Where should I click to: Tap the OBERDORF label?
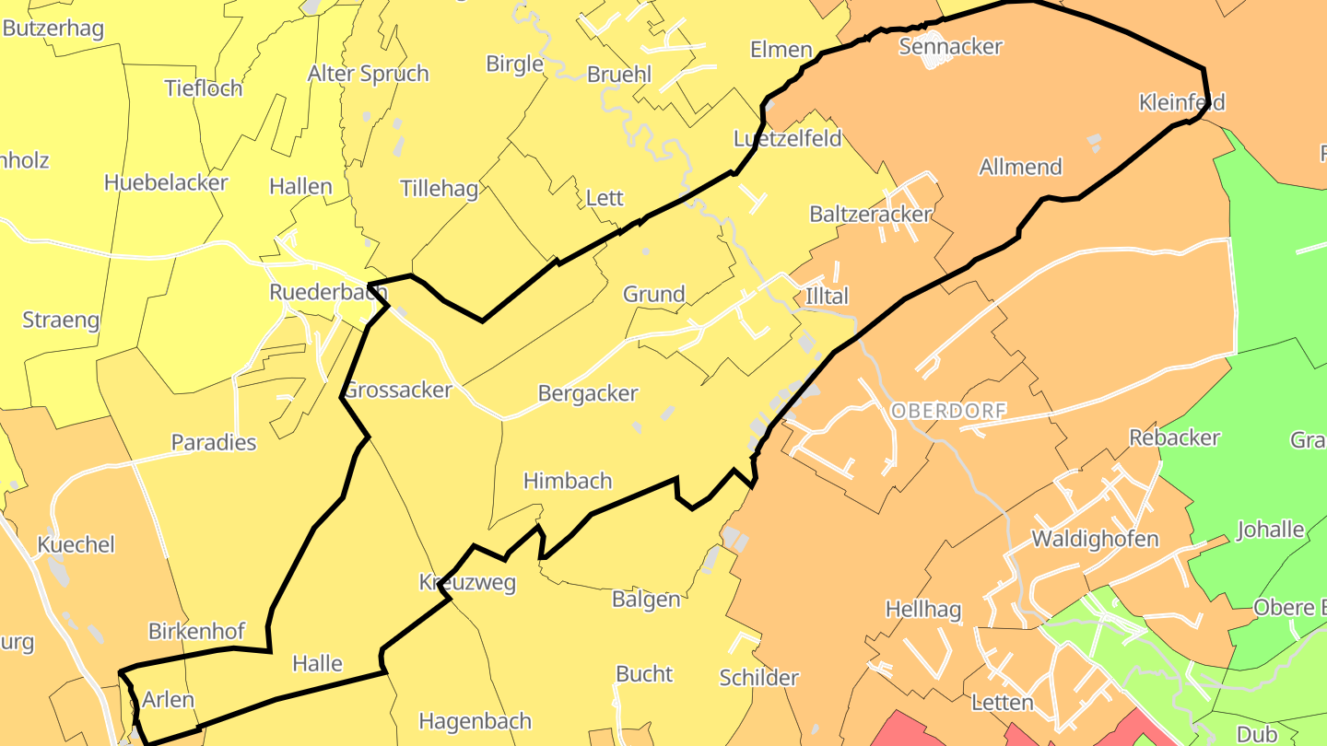(948, 411)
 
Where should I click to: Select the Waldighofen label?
(1095, 539)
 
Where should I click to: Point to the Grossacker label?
(398, 390)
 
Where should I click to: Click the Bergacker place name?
(588, 394)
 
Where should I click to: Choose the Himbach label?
(568, 481)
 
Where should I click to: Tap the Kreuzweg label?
(467, 582)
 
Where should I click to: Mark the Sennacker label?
(950, 46)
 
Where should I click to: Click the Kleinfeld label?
(1182, 102)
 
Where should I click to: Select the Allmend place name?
(1020, 167)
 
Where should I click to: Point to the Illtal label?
(827, 296)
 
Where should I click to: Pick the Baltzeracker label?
(871, 215)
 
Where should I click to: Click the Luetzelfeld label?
(788, 139)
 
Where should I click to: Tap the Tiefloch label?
(204, 88)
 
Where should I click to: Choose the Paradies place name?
(214, 442)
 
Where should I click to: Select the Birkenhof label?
(197, 631)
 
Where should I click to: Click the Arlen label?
(169, 699)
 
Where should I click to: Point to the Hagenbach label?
(476, 720)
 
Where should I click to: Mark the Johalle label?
(1271, 530)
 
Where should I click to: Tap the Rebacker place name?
(1175, 437)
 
